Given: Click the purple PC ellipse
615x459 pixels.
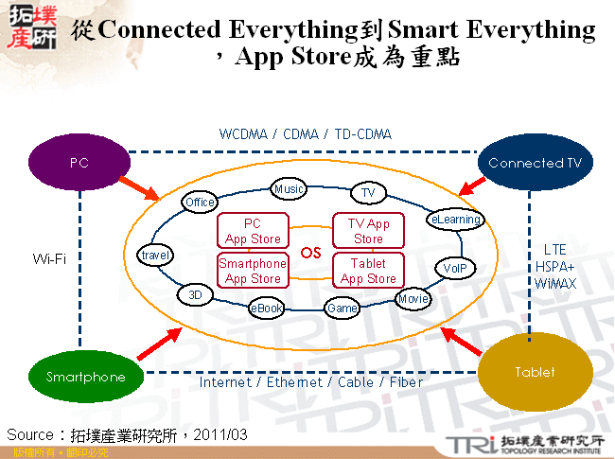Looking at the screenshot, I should tap(79, 163).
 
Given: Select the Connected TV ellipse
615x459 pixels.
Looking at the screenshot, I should tap(535, 163).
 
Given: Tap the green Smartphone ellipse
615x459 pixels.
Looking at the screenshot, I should tap(85, 377).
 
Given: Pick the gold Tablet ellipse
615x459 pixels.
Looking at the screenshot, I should tap(535, 372).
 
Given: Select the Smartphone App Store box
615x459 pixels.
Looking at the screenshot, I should tap(253, 271).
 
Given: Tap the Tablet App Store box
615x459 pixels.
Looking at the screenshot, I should tap(368, 271).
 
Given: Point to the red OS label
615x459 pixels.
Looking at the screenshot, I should tap(311, 253).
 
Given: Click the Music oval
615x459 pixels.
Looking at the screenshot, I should tap(289, 189).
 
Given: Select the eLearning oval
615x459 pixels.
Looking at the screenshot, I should tap(456, 220).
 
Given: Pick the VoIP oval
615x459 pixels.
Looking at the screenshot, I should tap(453, 269).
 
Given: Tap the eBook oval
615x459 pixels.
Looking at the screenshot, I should tap(266, 308).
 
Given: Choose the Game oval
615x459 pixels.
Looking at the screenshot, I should tap(341, 308).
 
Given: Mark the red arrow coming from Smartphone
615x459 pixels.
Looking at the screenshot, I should tap(158, 344).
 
